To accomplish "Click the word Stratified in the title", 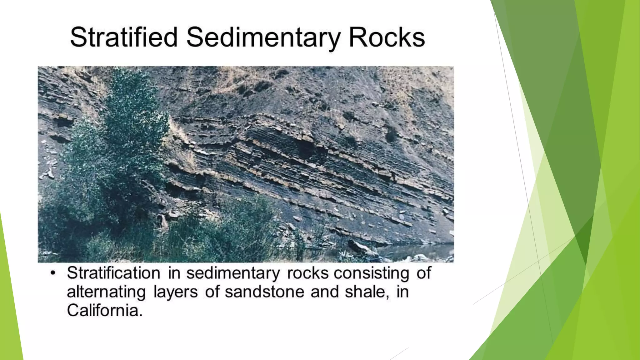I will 124,37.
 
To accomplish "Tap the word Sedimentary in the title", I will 263,37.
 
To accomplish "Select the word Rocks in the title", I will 387,37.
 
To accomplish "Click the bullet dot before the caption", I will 53,273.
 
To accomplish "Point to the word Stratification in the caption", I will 113,273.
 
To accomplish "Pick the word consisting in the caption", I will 371,273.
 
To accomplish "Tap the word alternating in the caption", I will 106,292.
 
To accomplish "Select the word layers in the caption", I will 176,292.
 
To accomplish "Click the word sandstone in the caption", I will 264,292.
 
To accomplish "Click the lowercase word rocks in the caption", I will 307,273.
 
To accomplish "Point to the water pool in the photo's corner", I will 419,250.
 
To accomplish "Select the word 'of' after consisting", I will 424,273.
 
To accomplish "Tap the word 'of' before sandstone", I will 212,292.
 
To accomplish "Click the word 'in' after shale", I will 402,292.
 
